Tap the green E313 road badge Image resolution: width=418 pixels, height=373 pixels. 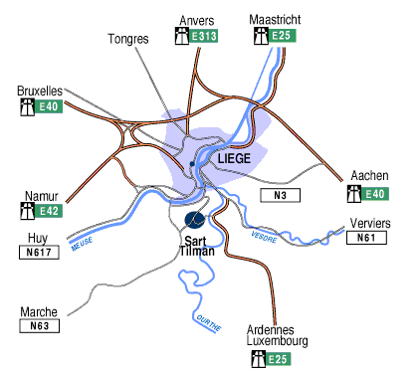pos(204,37)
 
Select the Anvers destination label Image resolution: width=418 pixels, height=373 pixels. pos(196,21)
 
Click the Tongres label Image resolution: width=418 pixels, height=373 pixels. pos(127,39)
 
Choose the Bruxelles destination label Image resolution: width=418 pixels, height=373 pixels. pos(40,91)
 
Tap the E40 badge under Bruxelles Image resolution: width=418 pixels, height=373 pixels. pos(49,106)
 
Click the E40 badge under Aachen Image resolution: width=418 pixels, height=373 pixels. pos(376,193)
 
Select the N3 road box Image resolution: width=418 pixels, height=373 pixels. pos(279,194)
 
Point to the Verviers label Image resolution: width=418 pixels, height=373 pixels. pos(371,223)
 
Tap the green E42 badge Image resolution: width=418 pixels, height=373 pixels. pos(49,211)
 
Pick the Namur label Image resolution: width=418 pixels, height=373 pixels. pos(43,195)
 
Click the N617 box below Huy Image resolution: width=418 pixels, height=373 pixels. pos(40,253)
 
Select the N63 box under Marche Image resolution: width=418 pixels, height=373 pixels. pos(40,325)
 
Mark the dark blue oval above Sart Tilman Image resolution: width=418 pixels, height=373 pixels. pos(194,220)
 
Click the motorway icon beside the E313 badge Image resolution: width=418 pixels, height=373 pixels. pos(180,37)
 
